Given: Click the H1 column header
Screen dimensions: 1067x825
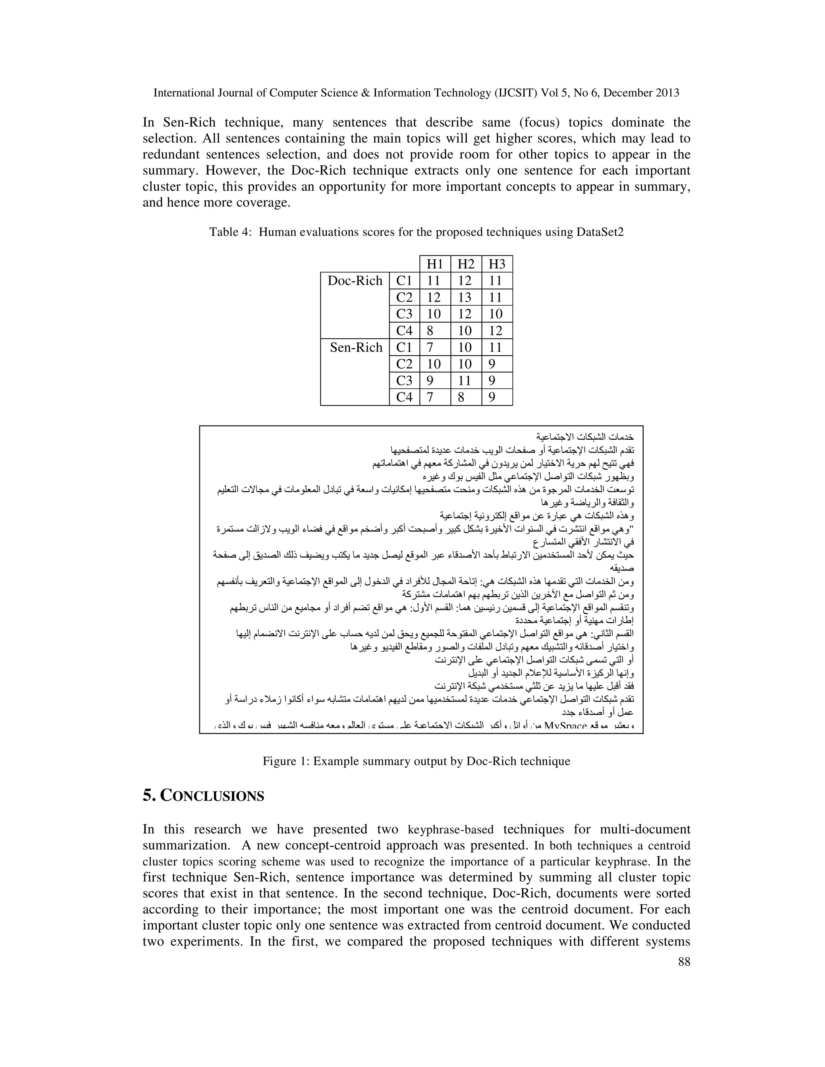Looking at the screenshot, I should (435, 264).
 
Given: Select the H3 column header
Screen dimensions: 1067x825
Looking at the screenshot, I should (497, 264).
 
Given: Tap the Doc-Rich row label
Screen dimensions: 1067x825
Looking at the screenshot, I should (355, 281).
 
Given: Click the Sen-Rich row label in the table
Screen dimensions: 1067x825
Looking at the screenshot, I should (356, 348).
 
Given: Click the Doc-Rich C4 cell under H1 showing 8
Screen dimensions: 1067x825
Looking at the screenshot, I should (430, 331).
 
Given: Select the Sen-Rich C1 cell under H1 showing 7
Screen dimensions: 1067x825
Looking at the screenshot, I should (430, 348).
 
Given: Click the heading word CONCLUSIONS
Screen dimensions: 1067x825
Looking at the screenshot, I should (212, 797).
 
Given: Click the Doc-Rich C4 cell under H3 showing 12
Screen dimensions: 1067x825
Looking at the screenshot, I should (495, 331).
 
